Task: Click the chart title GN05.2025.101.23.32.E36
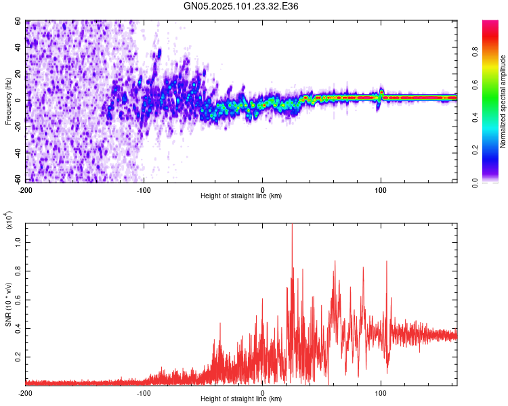point(242,6)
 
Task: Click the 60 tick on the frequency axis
point(18,22)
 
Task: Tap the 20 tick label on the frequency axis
point(18,74)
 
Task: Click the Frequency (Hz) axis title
point(8,101)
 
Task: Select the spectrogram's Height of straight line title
point(241,196)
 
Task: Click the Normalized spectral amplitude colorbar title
point(503,102)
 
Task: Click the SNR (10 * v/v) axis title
point(8,304)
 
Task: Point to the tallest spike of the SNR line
point(292,227)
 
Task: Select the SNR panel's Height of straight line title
point(241,399)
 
